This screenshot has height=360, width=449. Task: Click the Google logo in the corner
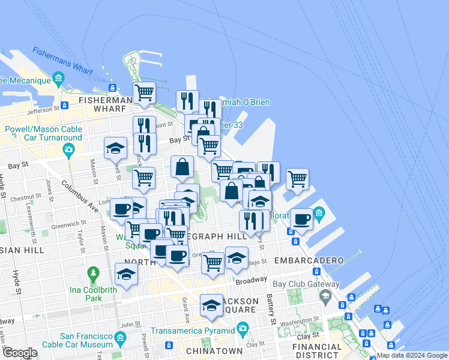click(x=19, y=353)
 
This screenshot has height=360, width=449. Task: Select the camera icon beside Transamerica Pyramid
click(x=243, y=329)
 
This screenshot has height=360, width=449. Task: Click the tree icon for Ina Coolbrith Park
click(x=93, y=275)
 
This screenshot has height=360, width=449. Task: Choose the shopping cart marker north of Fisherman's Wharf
click(x=144, y=93)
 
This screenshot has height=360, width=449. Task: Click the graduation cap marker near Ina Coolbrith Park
click(x=126, y=274)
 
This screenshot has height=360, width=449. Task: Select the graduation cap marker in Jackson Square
click(x=211, y=306)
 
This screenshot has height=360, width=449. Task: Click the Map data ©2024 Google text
click(x=412, y=355)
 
